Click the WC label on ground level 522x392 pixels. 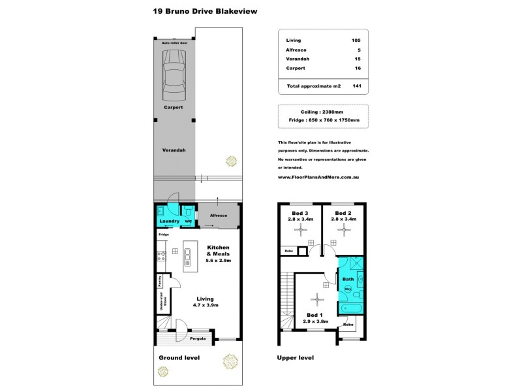pyautogui.click(x=187, y=221)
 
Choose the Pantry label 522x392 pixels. pyautogui.click(x=159, y=280)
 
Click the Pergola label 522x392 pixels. pyautogui.click(x=198, y=338)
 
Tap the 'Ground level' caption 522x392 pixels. pyautogui.click(x=179, y=358)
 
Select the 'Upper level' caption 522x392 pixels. pyautogui.click(x=296, y=358)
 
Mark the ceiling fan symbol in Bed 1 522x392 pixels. pyautogui.click(x=316, y=299)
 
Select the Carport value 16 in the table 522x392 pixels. pyautogui.click(x=358, y=69)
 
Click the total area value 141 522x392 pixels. pyautogui.click(x=356, y=86)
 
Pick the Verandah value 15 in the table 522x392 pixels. pyautogui.click(x=358, y=59)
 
